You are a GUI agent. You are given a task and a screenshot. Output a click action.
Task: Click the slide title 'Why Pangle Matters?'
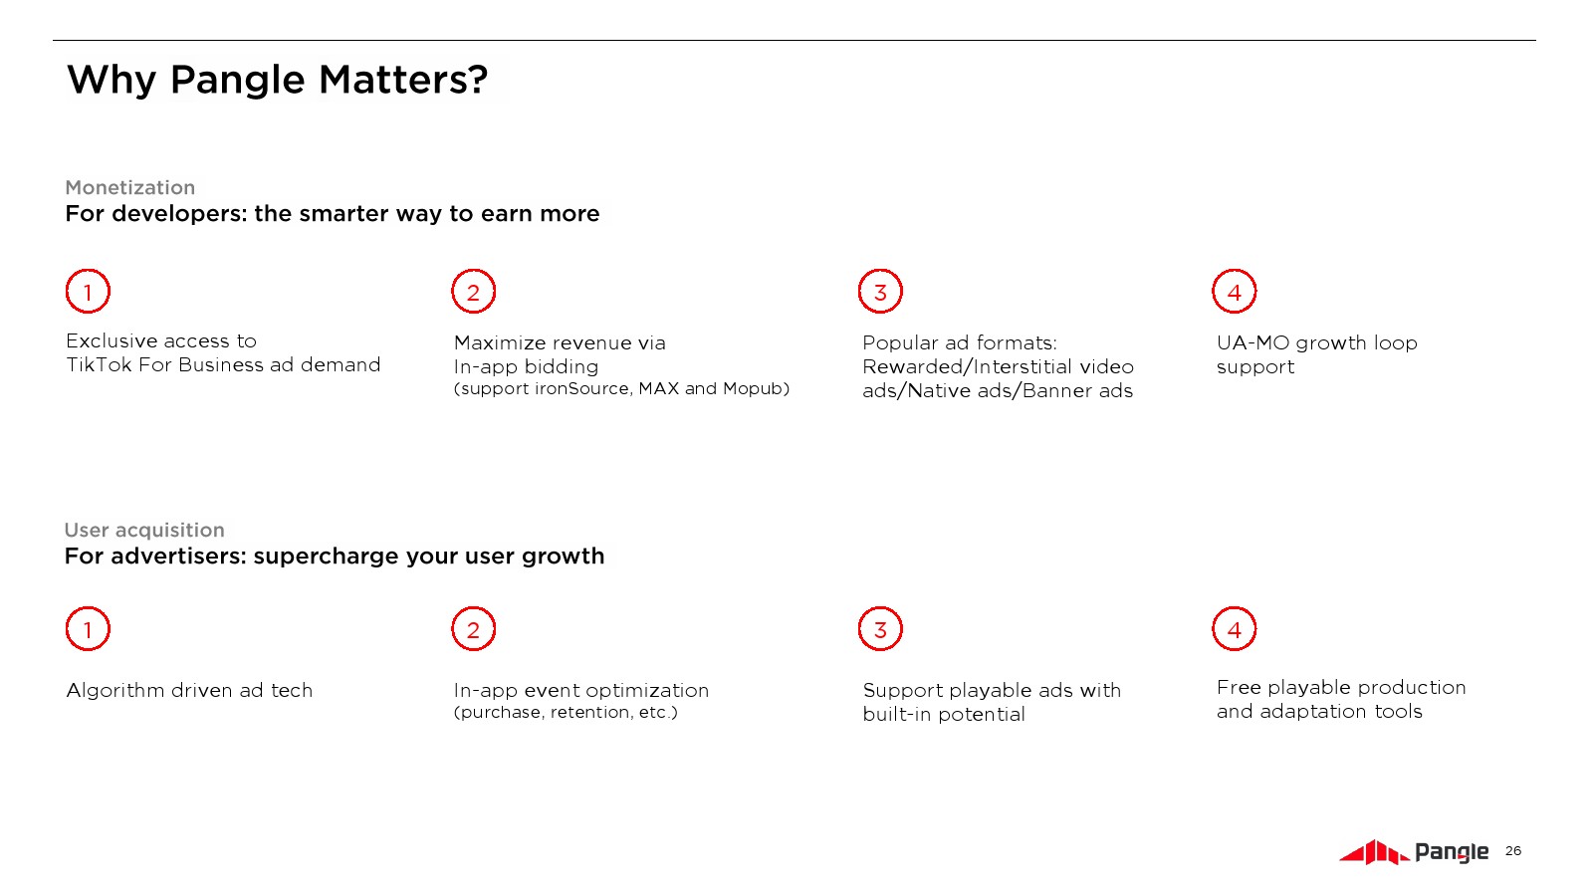pyautogui.click(x=277, y=80)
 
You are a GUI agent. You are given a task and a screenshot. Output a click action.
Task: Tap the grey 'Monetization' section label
pyautogui.click(x=129, y=188)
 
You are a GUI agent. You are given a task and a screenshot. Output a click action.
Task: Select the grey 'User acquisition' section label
pyautogui.click(x=144, y=530)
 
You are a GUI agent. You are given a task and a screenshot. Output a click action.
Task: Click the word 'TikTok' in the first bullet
pyautogui.click(x=99, y=364)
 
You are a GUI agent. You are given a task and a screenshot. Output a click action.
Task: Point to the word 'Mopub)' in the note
pyautogui.click(x=756, y=389)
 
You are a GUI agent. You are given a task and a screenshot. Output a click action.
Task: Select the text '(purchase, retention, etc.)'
pyautogui.click(x=567, y=713)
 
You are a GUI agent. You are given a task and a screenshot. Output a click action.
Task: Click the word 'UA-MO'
pyautogui.click(x=1253, y=342)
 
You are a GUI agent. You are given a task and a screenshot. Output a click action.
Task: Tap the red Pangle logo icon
pyautogui.click(x=1373, y=852)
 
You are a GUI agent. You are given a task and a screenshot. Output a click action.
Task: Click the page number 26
pyautogui.click(x=1512, y=851)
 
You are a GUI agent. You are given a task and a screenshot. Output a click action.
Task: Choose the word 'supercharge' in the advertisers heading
pyautogui.click(x=327, y=557)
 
